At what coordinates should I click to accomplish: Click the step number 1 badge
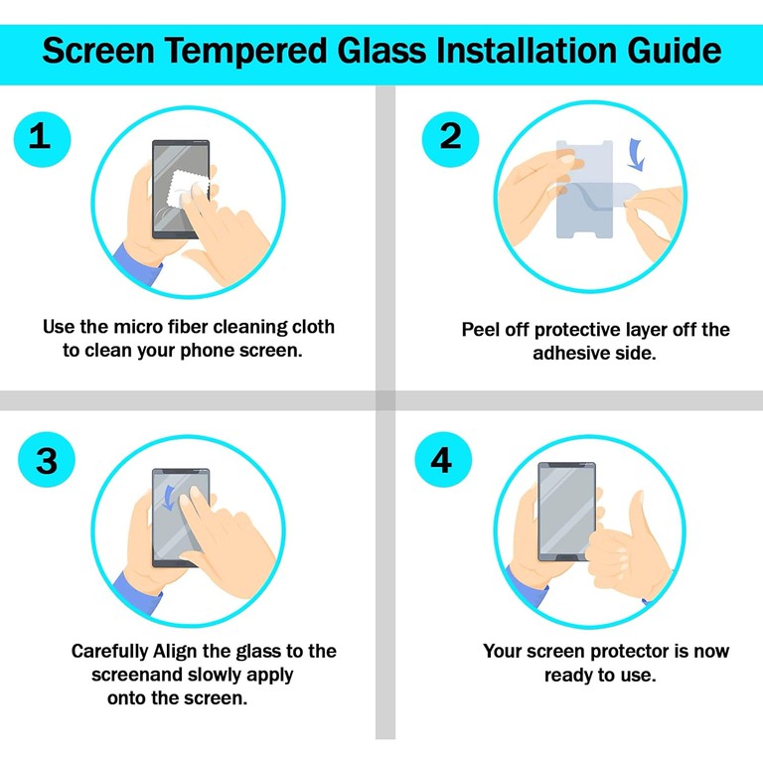(39, 136)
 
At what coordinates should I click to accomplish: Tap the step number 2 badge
(450, 136)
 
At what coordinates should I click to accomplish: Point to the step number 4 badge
(440, 460)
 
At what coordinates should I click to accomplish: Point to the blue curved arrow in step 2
(635, 154)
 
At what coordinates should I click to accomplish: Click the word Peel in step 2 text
(481, 330)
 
